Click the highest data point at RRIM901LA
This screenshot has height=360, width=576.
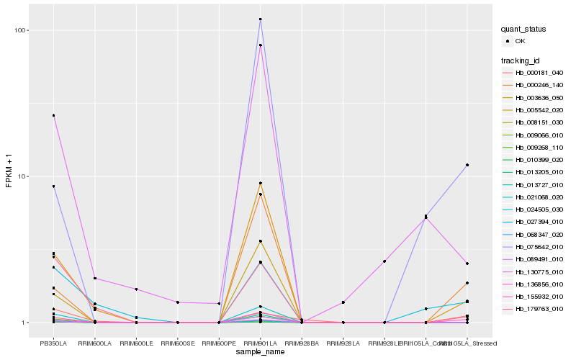[x=260, y=19]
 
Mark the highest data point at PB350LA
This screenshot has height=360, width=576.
[x=53, y=115]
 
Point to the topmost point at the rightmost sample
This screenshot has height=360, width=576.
[x=467, y=165]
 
